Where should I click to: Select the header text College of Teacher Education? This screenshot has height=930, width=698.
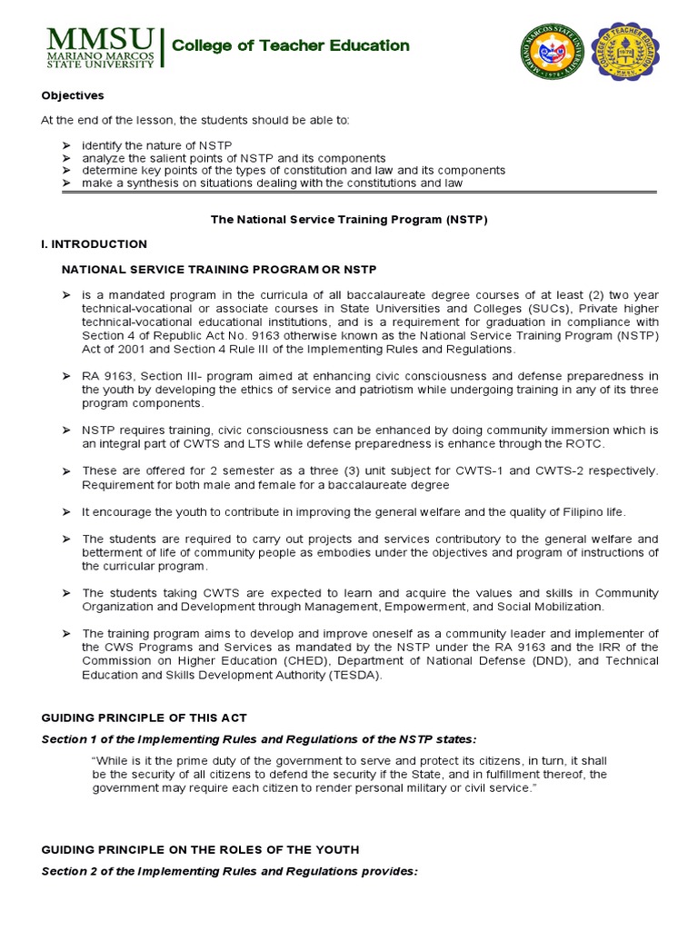pyautogui.click(x=291, y=45)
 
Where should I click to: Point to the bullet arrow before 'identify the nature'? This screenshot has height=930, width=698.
pyautogui.click(x=66, y=145)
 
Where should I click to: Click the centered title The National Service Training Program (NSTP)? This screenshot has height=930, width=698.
pyautogui.click(x=349, y=220)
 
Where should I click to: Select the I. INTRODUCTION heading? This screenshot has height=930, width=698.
pyautogui.click(x=94, y=244)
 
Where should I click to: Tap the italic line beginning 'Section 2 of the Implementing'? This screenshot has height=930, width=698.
pyautogui.click(x=229, y=871)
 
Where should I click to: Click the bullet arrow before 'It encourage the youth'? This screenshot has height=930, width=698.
pyautogui.click(x=66, y=512)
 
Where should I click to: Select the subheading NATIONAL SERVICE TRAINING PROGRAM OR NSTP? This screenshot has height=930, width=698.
pyautogui.click(x=218, y=270)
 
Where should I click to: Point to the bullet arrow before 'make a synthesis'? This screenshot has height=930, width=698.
pyautogui.click(x=66, y=183)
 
